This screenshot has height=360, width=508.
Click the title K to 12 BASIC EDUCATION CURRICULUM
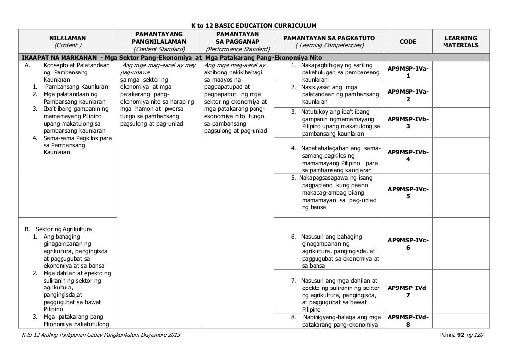point(254,25)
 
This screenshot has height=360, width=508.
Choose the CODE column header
point(408,42)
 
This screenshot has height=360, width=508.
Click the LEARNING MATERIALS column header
point(460,42)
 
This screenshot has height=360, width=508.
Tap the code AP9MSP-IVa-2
point(408,95)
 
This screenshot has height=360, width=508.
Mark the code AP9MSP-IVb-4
point(408,156)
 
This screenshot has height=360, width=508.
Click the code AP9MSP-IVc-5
point(408,193)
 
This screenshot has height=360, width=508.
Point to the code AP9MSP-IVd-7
point(408,291)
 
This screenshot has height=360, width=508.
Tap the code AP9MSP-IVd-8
point(408,321)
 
